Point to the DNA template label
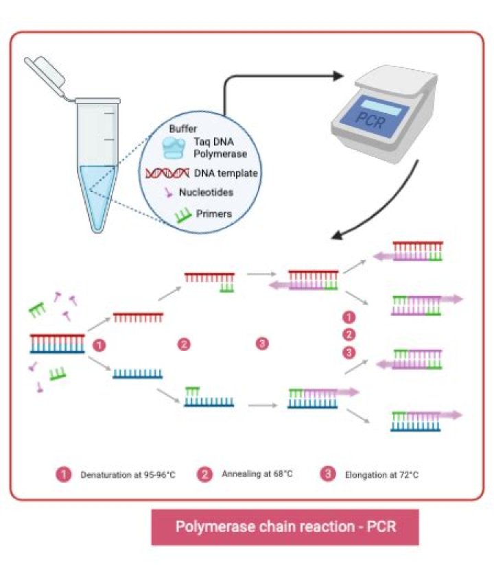coord(226,173)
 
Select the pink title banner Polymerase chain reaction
coord(285,527)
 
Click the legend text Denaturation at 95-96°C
coord(128,474)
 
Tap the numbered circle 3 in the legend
coord(328,473)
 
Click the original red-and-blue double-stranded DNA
coord(57,342)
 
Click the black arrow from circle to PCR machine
coord(274,79)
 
